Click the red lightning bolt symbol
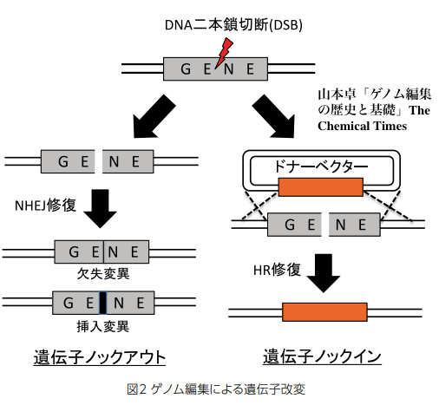(x=224, y=53)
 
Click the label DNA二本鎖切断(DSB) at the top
(x=233, y=25)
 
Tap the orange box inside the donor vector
(x=320, y=187)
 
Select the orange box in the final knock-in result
(x=324, y=312)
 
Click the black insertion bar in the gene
(x=102, y=303)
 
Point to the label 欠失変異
(x=103, y=273)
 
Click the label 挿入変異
(x=103, y=327)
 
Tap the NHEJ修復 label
(x=45, y=206)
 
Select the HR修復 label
(x=277, y=270)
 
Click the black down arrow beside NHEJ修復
(x=100, y=208)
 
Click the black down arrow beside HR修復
(x=323, y=272)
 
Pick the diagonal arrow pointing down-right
(x=274, y=116)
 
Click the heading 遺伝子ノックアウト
(x=100, y=357)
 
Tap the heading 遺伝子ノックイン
(x=322, y=356)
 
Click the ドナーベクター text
(x=321, y=167)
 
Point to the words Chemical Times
(x=362, y=126)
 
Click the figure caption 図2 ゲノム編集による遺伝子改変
(x=216, y=389)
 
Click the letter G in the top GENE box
(x=186, y=69)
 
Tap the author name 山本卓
(x=337, y=95)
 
